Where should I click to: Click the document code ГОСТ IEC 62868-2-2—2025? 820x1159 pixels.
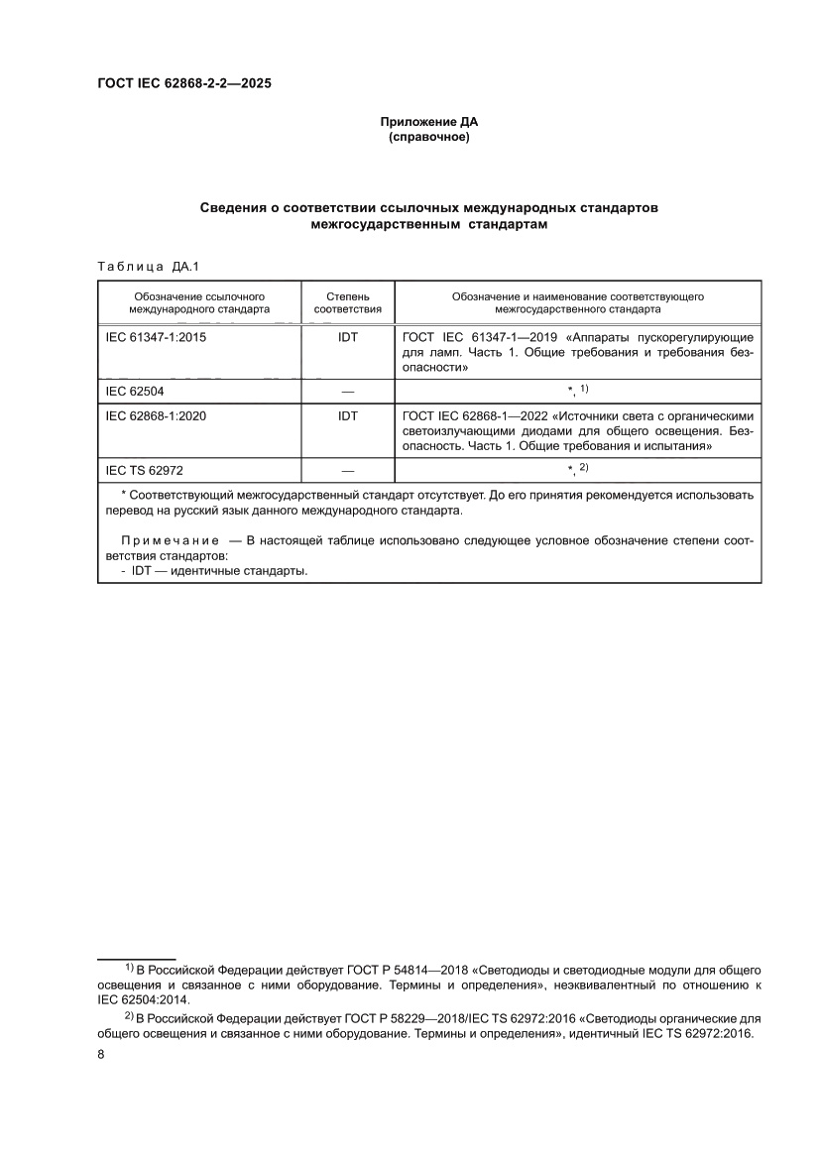pyautogui.click(x=183, y=83)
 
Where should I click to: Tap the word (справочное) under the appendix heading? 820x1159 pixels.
pyautogui.click(x=428, y=137)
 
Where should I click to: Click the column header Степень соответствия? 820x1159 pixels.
pyautogui.click(x=347, y=302)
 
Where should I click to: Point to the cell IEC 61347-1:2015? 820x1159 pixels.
pyautogui.click(x=156, y=336)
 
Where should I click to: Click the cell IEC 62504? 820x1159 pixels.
pyautogui.click(x=135, y=392)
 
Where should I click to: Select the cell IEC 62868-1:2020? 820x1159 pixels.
pyautogui.click(x=156, y=416)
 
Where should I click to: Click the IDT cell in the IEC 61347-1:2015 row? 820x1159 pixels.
pyautogui.click(x=347, y=336)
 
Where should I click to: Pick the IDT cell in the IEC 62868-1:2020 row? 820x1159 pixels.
pyautogui.click(x=347, y=416)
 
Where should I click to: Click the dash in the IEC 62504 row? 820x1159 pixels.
pyautogui.click(x=347, y=392)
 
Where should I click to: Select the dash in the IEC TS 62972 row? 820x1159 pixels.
pyautogui.click(x=347, y=470)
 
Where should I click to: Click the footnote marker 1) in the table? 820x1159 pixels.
pyautogui.click(x=584, y=388)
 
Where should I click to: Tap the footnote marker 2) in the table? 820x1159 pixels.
pyautogui.click(x=584, y=466)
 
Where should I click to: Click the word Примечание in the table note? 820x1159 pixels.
pyautogui.click(x=170, y=540)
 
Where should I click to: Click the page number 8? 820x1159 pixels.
pyautogui.click(x=101, y=1055)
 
